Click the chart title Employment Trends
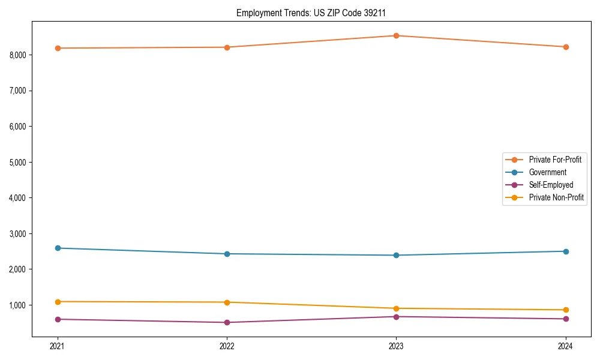pyautogui.click(x=315, y=13)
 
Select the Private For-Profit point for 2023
pyautogui.click(x=396, y=35)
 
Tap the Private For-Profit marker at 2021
pyautogui.click(x=58, y=48)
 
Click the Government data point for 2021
pyautogui.click(x=58, y=248)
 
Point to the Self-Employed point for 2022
pyautogui.click(x=227, y=322)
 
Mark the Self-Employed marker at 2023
pyautogui.click(x=396, y=316)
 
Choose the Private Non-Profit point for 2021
pyautogui.click(x=58, y=302)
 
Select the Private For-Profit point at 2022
pyautogui.click(x=227, y=47)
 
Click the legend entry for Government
pyautogui.click(x=547, y=172)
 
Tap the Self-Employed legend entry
pyautogui.click(x=551, y=185)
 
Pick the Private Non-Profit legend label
pyautogui.click(x=556, y=197)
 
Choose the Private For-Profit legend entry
pyautogui.click(x=554, y=160)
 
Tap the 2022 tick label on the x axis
pyautogui.click(x=227, y=346)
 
